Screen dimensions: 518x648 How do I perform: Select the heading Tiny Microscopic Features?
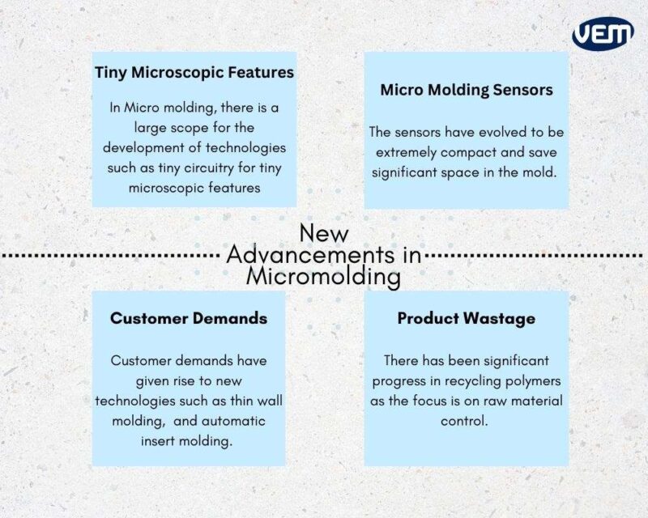point(194,72)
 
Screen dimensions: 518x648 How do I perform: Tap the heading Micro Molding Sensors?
point(467,90)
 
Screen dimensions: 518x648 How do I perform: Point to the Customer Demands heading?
point(189,318)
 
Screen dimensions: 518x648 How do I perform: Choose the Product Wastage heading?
point(466,318)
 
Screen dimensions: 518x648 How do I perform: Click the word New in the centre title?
point(324,233)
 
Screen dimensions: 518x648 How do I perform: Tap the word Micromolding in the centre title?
point(324,278)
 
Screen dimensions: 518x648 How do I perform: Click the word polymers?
point(530,380)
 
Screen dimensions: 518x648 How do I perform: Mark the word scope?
point(179,127)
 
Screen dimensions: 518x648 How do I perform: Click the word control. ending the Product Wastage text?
point(466,422)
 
